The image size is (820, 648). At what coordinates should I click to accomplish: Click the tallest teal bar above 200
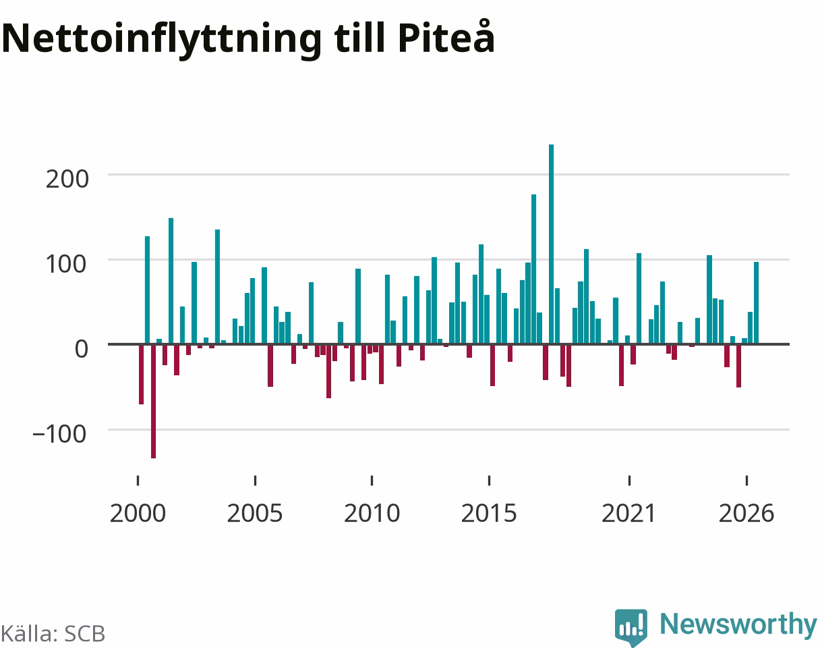click(551, 244)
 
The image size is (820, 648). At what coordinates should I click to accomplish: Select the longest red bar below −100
click(153, 401)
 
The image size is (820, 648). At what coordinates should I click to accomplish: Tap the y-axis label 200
click(67, 179)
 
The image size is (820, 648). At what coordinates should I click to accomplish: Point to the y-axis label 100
click(66, 264)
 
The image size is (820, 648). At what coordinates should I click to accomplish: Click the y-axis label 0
click(81, 348)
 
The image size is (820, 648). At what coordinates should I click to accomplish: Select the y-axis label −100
click(59, 434)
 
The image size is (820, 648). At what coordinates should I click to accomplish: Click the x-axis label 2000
click(138, 513)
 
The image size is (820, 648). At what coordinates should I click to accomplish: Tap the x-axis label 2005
click(255, 513)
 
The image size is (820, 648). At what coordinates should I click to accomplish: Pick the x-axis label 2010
click(372, 513)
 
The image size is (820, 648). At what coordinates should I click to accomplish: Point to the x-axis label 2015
click(489, 513)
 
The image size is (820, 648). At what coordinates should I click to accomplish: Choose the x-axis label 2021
click(628, 513)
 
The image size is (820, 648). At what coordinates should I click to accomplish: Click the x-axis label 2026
click(746, 513)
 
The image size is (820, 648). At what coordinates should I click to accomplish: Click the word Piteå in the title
click(446, 37)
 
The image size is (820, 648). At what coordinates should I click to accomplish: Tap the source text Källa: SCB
click(53, 634)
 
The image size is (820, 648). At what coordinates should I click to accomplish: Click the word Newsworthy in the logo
click(738, 624)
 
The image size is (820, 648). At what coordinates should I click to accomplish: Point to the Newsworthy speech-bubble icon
click(631, 627)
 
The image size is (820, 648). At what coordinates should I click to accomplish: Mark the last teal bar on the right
click(756, 303)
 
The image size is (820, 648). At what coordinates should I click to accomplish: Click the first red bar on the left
click(142, 374)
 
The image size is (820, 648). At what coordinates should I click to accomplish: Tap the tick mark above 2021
click(629, 480)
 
